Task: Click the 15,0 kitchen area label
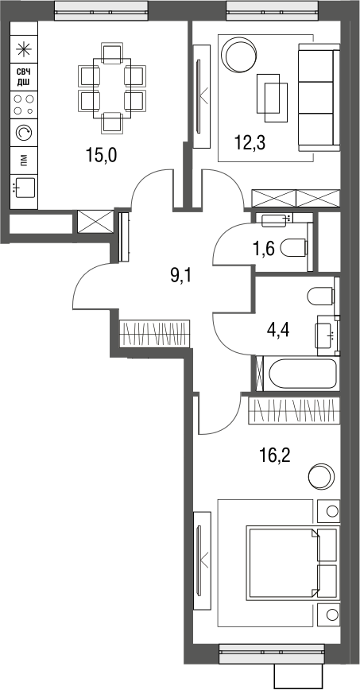coord(101,155)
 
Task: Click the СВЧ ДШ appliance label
coord(24,77)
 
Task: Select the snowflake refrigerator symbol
coord(24,48)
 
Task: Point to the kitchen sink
coord(24,188)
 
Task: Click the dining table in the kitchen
coord(111,88)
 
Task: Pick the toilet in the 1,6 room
coord(295,249)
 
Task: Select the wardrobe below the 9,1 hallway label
coord(155,331)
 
